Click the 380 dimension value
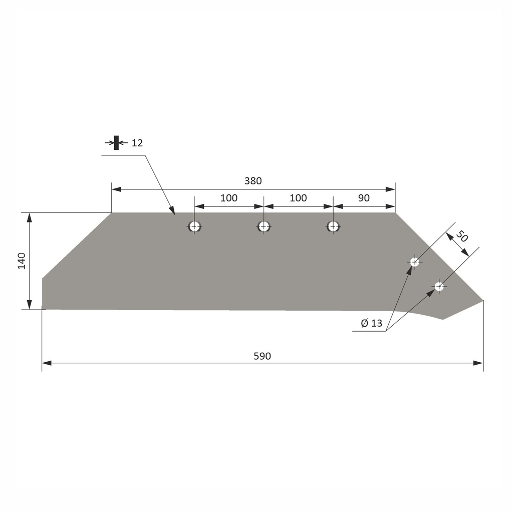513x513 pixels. point(253,181)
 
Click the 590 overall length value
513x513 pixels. point(262,356)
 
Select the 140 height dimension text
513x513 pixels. point(22,261)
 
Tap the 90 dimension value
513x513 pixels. point(364,198)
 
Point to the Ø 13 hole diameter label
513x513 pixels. point(372,324)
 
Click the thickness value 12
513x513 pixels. point(137,143)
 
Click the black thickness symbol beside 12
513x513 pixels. point(116,143)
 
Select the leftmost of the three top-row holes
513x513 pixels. point(195,226)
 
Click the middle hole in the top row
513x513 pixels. point(264,226)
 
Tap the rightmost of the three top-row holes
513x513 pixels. point(333,226)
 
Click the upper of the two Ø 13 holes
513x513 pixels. point(414,262)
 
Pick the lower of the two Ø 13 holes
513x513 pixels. point(439,287)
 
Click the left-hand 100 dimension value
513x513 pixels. point(229,198)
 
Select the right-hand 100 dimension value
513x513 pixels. point(298,198)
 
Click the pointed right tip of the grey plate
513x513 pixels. point(483,301)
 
